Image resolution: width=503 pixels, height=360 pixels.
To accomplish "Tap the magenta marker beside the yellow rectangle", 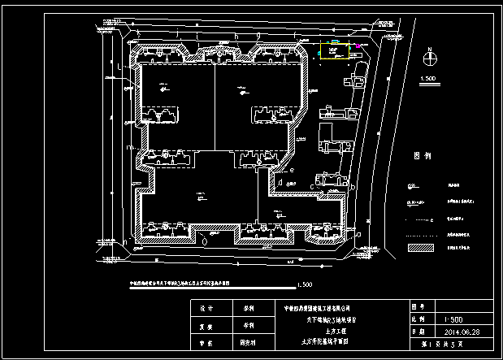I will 355,46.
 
